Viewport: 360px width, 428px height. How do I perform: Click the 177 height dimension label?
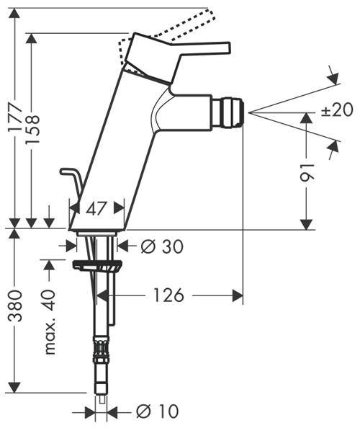pyautogui.click(x=15, y=117)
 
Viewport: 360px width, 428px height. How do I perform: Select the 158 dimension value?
pyautogui.click(x=32, y=130)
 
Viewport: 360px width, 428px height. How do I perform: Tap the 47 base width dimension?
pyautogui.click(x=96, y=209)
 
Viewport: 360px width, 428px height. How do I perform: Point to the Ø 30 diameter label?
pyautogui.click(x=162, y=246)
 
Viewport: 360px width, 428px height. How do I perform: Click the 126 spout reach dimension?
pyautogui.click(x=168, y=295)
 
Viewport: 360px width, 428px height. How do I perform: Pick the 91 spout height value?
pyautogui.click(x=307, y=173)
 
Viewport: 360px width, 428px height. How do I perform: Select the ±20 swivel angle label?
pyautogui.click(x=337, y=110)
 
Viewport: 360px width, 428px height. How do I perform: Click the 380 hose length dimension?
pyautogui.click(x=15, y=306)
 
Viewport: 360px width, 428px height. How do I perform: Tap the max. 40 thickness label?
pyautogui.click(x=50, y=322)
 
